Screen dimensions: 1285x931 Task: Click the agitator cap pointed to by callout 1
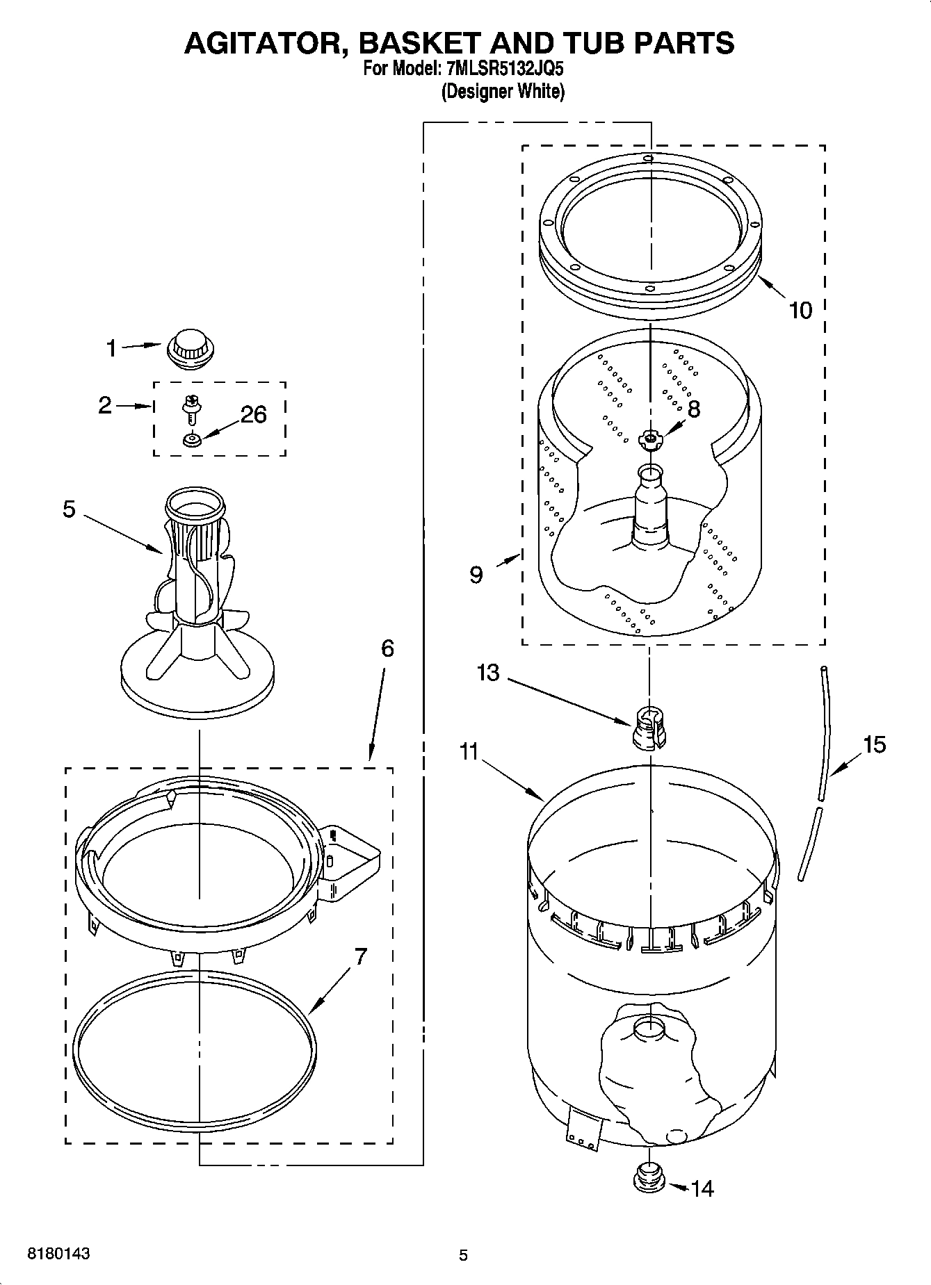190,348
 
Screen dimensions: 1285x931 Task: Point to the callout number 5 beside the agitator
68,509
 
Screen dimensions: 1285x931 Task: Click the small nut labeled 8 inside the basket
650,438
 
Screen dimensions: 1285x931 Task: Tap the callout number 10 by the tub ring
800,310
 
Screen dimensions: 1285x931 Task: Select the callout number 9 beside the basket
476,575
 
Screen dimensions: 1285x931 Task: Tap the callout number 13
488,673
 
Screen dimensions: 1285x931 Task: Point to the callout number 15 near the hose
874,745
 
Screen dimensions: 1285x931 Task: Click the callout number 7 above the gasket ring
359,957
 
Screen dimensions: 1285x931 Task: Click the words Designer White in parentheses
503,92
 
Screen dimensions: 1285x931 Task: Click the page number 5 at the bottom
463,1255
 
